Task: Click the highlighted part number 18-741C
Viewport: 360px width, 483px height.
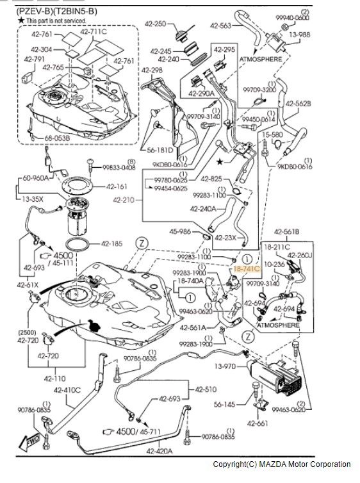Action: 246,272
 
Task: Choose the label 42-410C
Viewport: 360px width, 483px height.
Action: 67,389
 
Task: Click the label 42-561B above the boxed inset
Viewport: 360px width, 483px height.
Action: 286,231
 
